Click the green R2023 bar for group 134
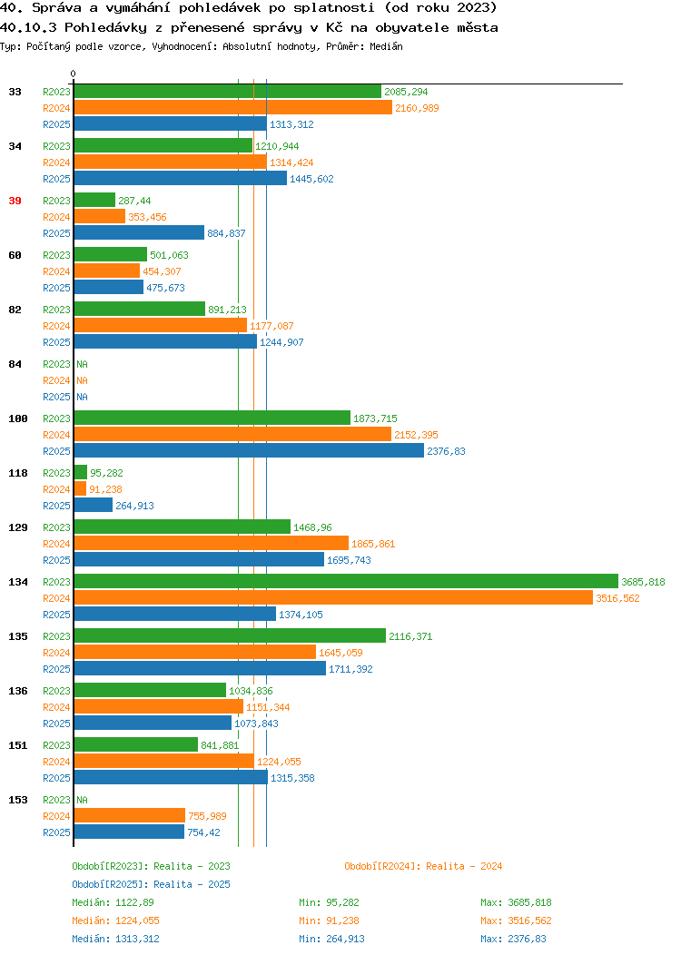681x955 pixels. [x=346, y=582]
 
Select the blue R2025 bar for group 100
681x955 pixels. [x=249, y=450]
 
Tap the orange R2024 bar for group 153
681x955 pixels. [x=130, y=815]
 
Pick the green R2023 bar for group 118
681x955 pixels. [x=81, y=473]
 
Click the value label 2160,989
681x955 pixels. [x=417, y=108]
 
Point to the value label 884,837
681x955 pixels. [x=226, y=233]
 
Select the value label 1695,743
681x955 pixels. [x=349, y=560]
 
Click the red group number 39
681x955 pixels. [x=15, y=201]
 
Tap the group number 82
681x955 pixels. [x=15, y=310]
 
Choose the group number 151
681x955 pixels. [x=17, y=745]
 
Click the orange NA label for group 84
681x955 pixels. [x=83, y=380]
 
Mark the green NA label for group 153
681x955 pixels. [x=83, y=800]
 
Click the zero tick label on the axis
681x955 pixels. [x=74, y=74]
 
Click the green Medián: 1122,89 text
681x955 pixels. [x=113, y=902]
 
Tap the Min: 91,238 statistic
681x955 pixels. [x=329, y=921]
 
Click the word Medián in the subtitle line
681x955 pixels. [x=386, y=46]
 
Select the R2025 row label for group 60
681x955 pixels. [x=56, y=288]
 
